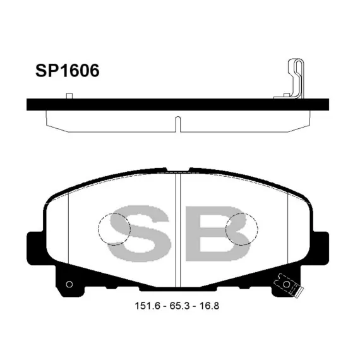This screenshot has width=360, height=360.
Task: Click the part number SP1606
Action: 68,70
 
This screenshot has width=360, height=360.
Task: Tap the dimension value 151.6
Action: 147,306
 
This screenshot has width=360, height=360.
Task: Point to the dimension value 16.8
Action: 209,306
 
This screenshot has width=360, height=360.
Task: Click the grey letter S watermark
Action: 140,234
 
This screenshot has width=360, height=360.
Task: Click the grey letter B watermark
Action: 217,234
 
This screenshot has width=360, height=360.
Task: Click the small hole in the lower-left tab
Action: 69,284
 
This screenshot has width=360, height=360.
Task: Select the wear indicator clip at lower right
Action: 289,285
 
